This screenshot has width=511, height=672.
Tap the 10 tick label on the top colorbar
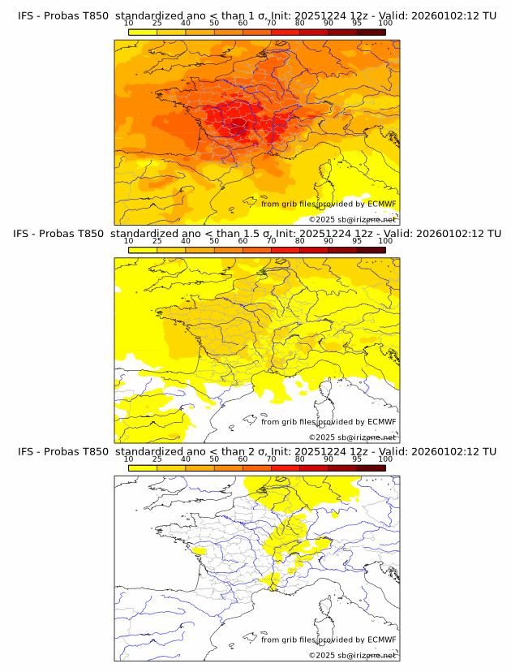(128, 23)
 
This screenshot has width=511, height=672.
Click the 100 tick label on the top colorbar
(385, 23)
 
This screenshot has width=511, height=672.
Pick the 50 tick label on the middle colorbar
(214, 240)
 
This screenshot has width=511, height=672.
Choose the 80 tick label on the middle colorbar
(300, 240)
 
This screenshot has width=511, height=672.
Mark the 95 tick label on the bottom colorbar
(357, 458)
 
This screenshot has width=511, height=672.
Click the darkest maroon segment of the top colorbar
(371, 32)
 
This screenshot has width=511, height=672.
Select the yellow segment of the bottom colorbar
(142, 467)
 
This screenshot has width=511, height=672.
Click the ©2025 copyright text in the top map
(352, 220)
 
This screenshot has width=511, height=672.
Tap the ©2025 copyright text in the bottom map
(352, 655)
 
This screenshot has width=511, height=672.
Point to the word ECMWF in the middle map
(381, 421)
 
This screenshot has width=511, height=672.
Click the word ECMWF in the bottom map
(381, 639)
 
